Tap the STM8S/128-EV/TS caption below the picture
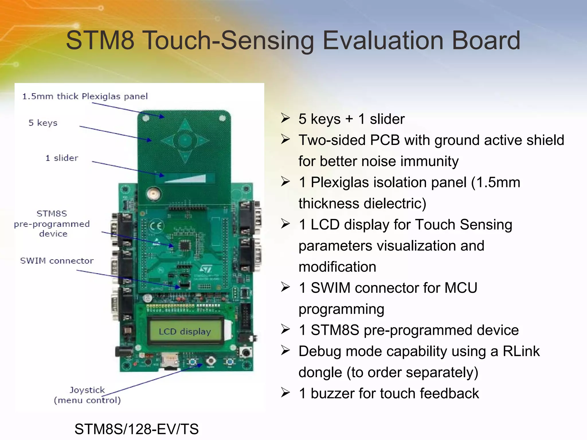(136, 429)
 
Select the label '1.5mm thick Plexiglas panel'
(85, 96)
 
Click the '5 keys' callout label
(43, 123)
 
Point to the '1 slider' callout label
(62, 158)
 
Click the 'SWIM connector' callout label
(57, 261)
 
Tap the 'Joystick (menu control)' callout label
(87, 395)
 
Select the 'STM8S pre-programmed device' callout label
(52, 223)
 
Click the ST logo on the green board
(206, 269)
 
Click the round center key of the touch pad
(185, 140)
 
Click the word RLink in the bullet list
(521, 351)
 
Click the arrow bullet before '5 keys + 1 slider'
(285, 118)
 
